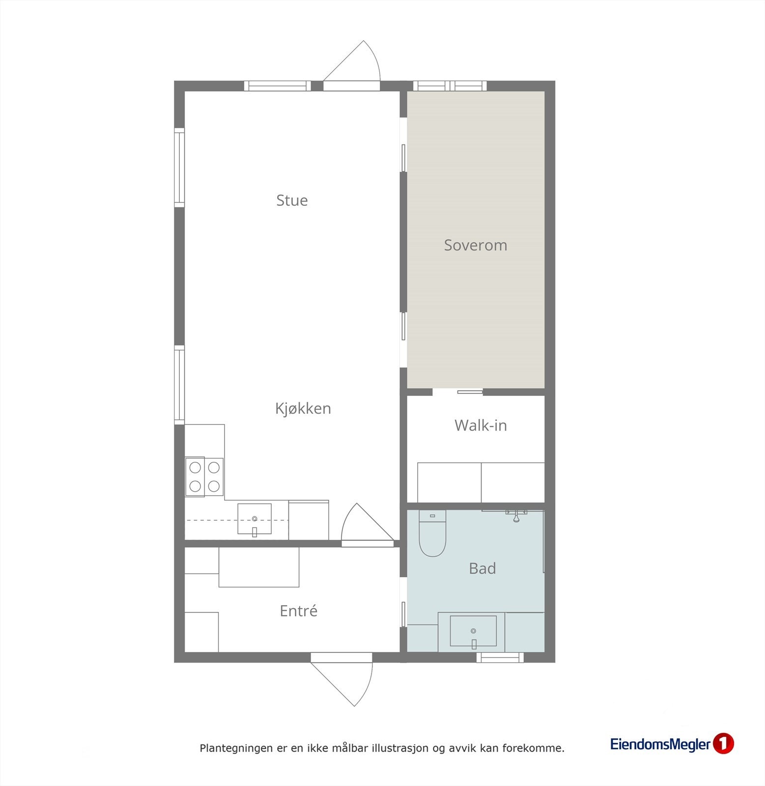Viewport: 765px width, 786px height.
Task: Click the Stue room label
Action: click(x=292, y=200)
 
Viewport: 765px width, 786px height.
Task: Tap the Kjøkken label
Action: click(x=303, y=409)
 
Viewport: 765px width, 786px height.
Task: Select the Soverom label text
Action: click(x=475, y=245)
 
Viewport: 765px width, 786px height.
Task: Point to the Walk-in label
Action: click(x=480, y=425)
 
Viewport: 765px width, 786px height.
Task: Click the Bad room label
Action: click(x=482, y=568)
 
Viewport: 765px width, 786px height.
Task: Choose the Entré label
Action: click(x=298, y=611)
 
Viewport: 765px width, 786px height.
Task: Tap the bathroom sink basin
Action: click(x=473, y=631)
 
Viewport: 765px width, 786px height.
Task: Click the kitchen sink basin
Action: click(x=255, y=519)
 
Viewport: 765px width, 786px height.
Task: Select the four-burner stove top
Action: click(x=204, y=477)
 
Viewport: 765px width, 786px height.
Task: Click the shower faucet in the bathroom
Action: click(x=516, y=515)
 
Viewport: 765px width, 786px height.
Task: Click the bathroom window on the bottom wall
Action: click(x=500, y=657)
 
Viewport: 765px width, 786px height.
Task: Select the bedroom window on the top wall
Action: click(x=450, y=86)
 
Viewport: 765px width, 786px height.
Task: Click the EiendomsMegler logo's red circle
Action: click(x=723, y=744)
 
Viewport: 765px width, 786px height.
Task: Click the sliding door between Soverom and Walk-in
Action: click(x=470, y=392)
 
